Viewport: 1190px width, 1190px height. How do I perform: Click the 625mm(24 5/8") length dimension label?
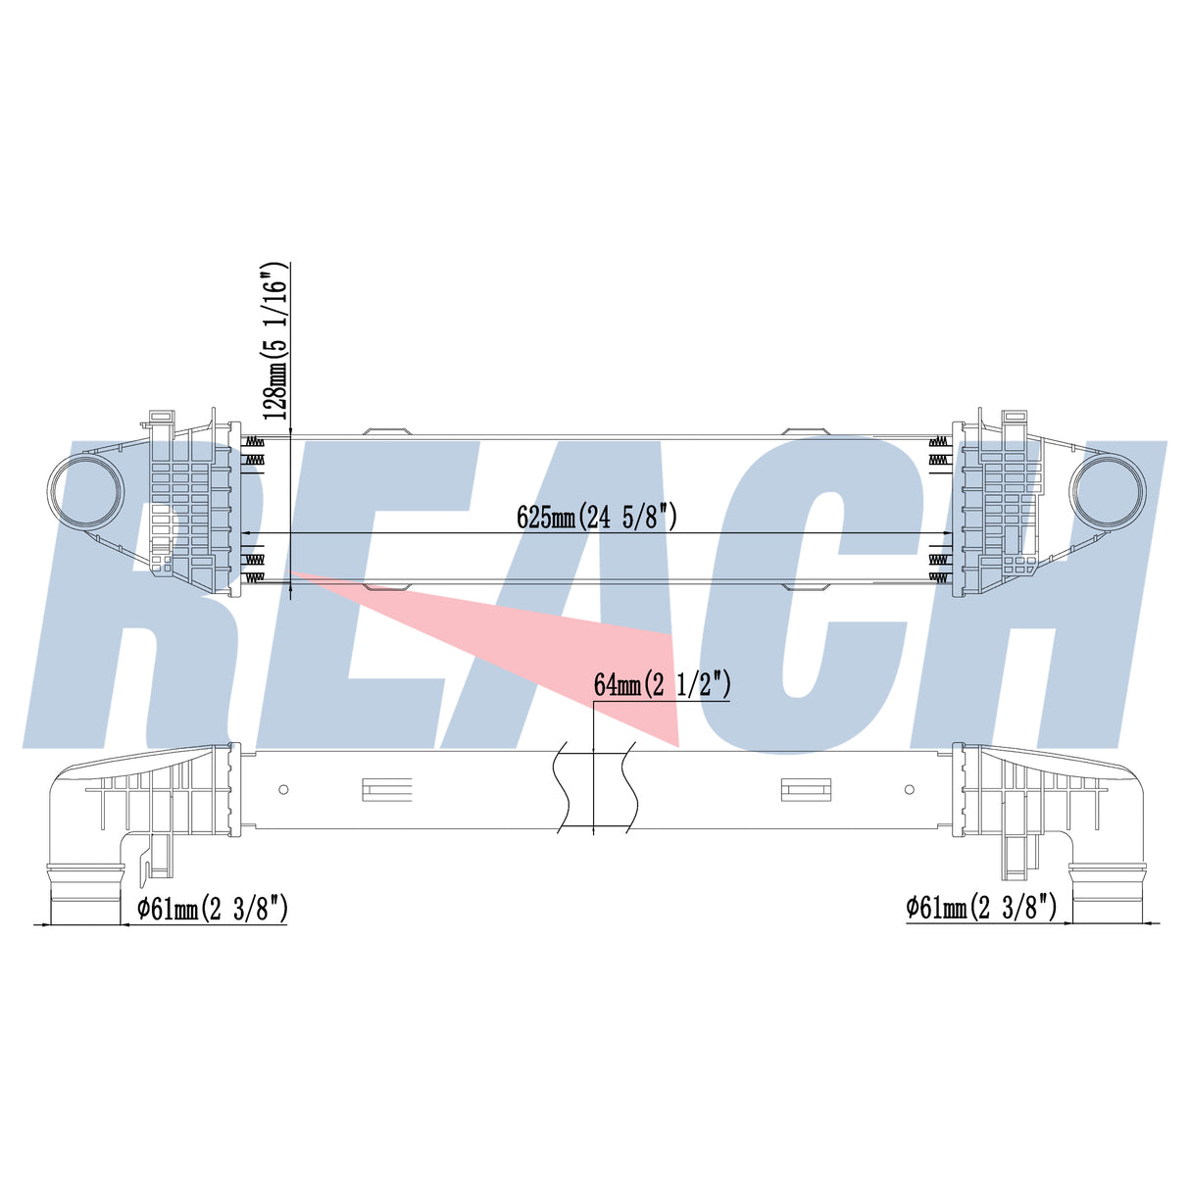pyautogui.click(x=597, y=517)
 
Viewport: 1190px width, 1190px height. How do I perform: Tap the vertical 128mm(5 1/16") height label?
pyautogui.click(x=274, y=341)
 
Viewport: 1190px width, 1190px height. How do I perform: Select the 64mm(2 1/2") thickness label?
pyautogui.click(x=662, y=684)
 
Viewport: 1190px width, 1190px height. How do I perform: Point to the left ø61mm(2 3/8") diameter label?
pyautogui.click(x=212, y=909)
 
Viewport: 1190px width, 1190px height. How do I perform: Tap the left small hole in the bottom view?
pyautogui.click(x=283, y=789)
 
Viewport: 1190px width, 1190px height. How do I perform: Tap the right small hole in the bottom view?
pyautogui.click(x=909, y=789)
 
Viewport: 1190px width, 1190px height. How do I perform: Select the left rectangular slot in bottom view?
pyautogui.click(x=386, y=790)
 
